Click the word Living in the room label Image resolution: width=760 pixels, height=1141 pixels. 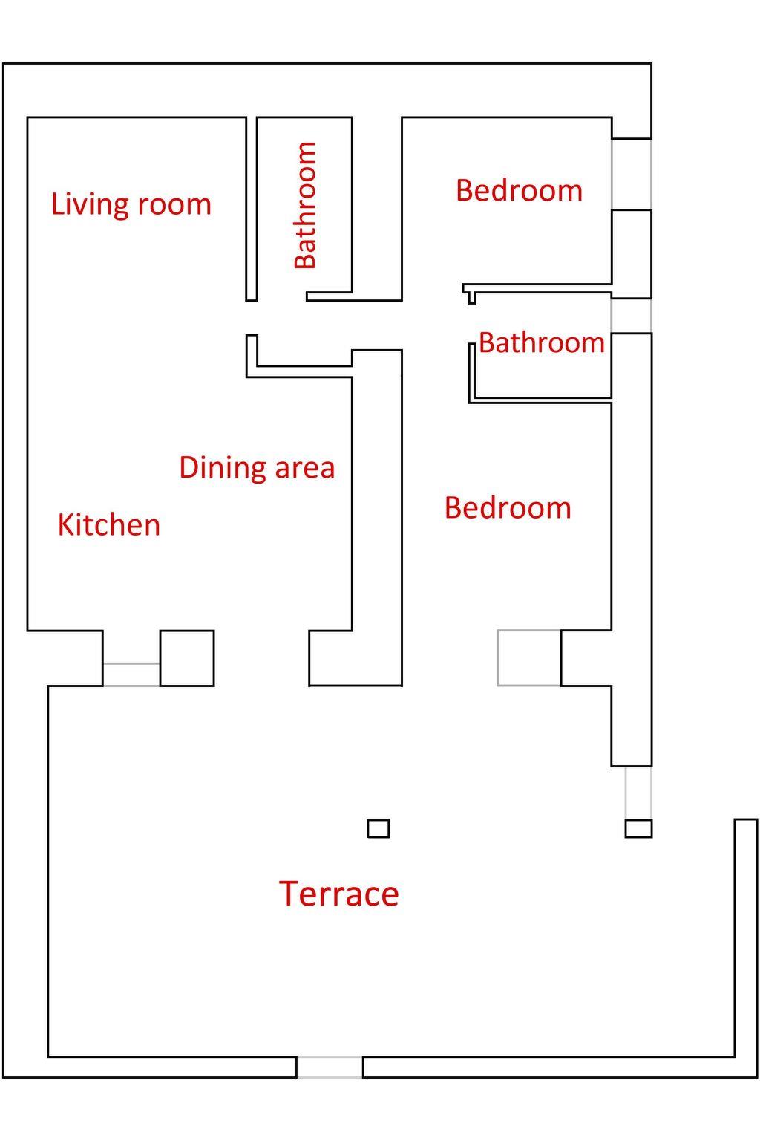tap(90, 205)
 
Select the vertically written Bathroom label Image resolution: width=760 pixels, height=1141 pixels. tap(306, 205)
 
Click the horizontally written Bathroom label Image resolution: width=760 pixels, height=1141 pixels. tap(542, 342)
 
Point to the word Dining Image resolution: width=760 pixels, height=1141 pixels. tap(222, 467)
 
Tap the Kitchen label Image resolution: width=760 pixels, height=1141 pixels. tap(109, 524)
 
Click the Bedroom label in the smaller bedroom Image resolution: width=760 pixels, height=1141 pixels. tap(520, 190)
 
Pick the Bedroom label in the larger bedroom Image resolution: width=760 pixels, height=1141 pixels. tap(508, 508)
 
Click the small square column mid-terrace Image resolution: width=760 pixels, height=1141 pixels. tap(379, 828)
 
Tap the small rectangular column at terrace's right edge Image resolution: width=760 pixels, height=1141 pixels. tap(638, 828)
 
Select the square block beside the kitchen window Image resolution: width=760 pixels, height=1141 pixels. tap(187, 658)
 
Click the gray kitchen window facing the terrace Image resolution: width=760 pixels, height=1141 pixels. tap(131, 674)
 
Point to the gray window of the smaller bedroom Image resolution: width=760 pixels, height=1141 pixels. tap(631, 174)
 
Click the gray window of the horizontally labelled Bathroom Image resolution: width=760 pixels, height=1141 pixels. tap(631, 316)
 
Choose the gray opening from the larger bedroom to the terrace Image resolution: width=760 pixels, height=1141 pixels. tap(529, 657)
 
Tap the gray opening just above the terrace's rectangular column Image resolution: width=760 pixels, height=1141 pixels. tap(638, 793)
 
